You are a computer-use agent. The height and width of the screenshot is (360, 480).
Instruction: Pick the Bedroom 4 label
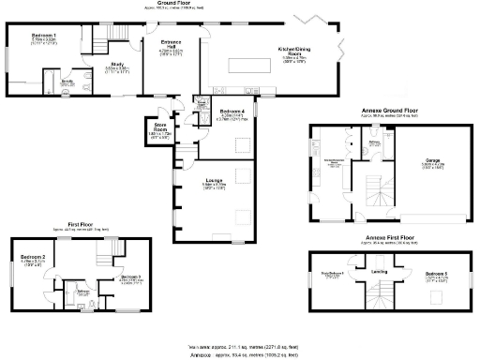click(x=232, y=112)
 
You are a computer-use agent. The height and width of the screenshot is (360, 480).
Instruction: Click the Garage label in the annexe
click(x=433, y=160)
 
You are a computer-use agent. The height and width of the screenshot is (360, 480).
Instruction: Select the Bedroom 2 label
click(x=35, y=255)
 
